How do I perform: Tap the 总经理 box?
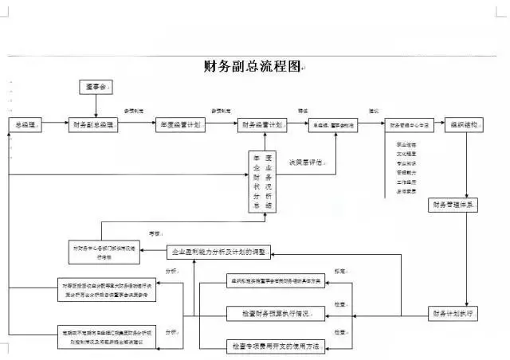pyautogui.click(x=25, y=126)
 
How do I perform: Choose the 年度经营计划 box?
pyautogui.click(x=180, y=126)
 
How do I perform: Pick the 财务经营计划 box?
pyautogui.click(x=261, y=126)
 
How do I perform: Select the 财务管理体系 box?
pyautogui.click(x=454, y=205)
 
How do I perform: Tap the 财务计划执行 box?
pyautogui.click(x=453, y=313)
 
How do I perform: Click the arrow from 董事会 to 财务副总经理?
pyautogui.click(x=96, y=106)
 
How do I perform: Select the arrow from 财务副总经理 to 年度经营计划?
pyautogui.click(x=138, y=126)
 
